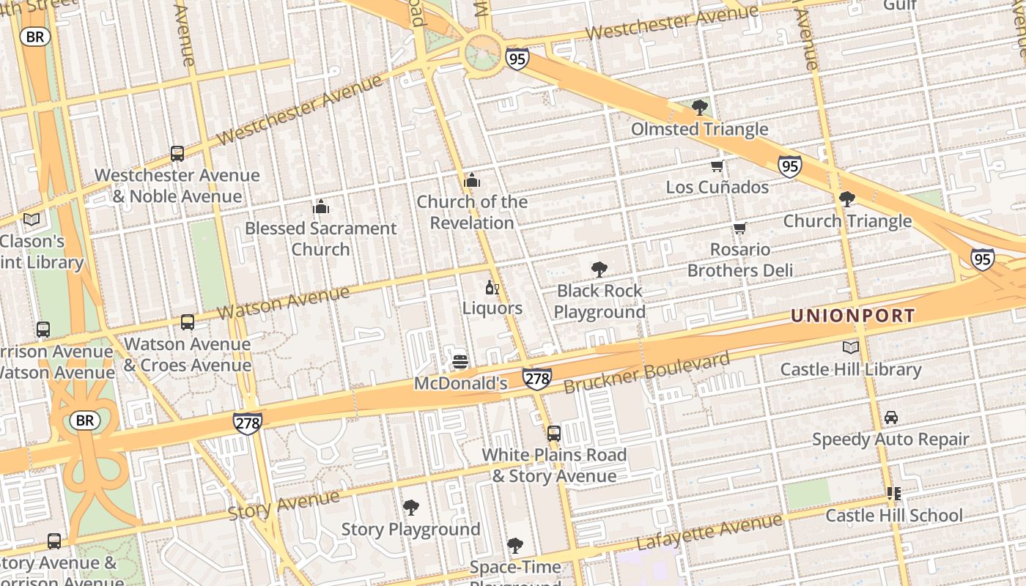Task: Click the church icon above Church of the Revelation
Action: [472, 180]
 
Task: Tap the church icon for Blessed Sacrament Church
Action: [321, 207]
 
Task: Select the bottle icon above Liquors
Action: [492, 287]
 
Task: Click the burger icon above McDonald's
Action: [460, 362]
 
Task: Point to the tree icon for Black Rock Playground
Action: [599, 270]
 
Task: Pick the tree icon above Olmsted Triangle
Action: [700, 108]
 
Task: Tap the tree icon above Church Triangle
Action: [847, 199]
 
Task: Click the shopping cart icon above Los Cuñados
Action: [717, 166]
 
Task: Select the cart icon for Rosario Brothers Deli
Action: [739, 229]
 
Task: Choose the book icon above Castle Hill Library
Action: [850, 348]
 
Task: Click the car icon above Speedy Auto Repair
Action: [890, 418]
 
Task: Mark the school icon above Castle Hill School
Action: [893, 494]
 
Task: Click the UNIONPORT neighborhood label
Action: [853, 316]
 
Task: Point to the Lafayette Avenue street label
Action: [709, 532]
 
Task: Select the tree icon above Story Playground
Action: [411, 508]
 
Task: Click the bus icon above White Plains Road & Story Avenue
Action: [554, 433]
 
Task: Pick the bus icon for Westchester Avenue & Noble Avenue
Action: [177, 154]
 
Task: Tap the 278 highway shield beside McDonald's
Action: [537, 379]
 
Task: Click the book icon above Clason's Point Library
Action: [32, 220]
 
